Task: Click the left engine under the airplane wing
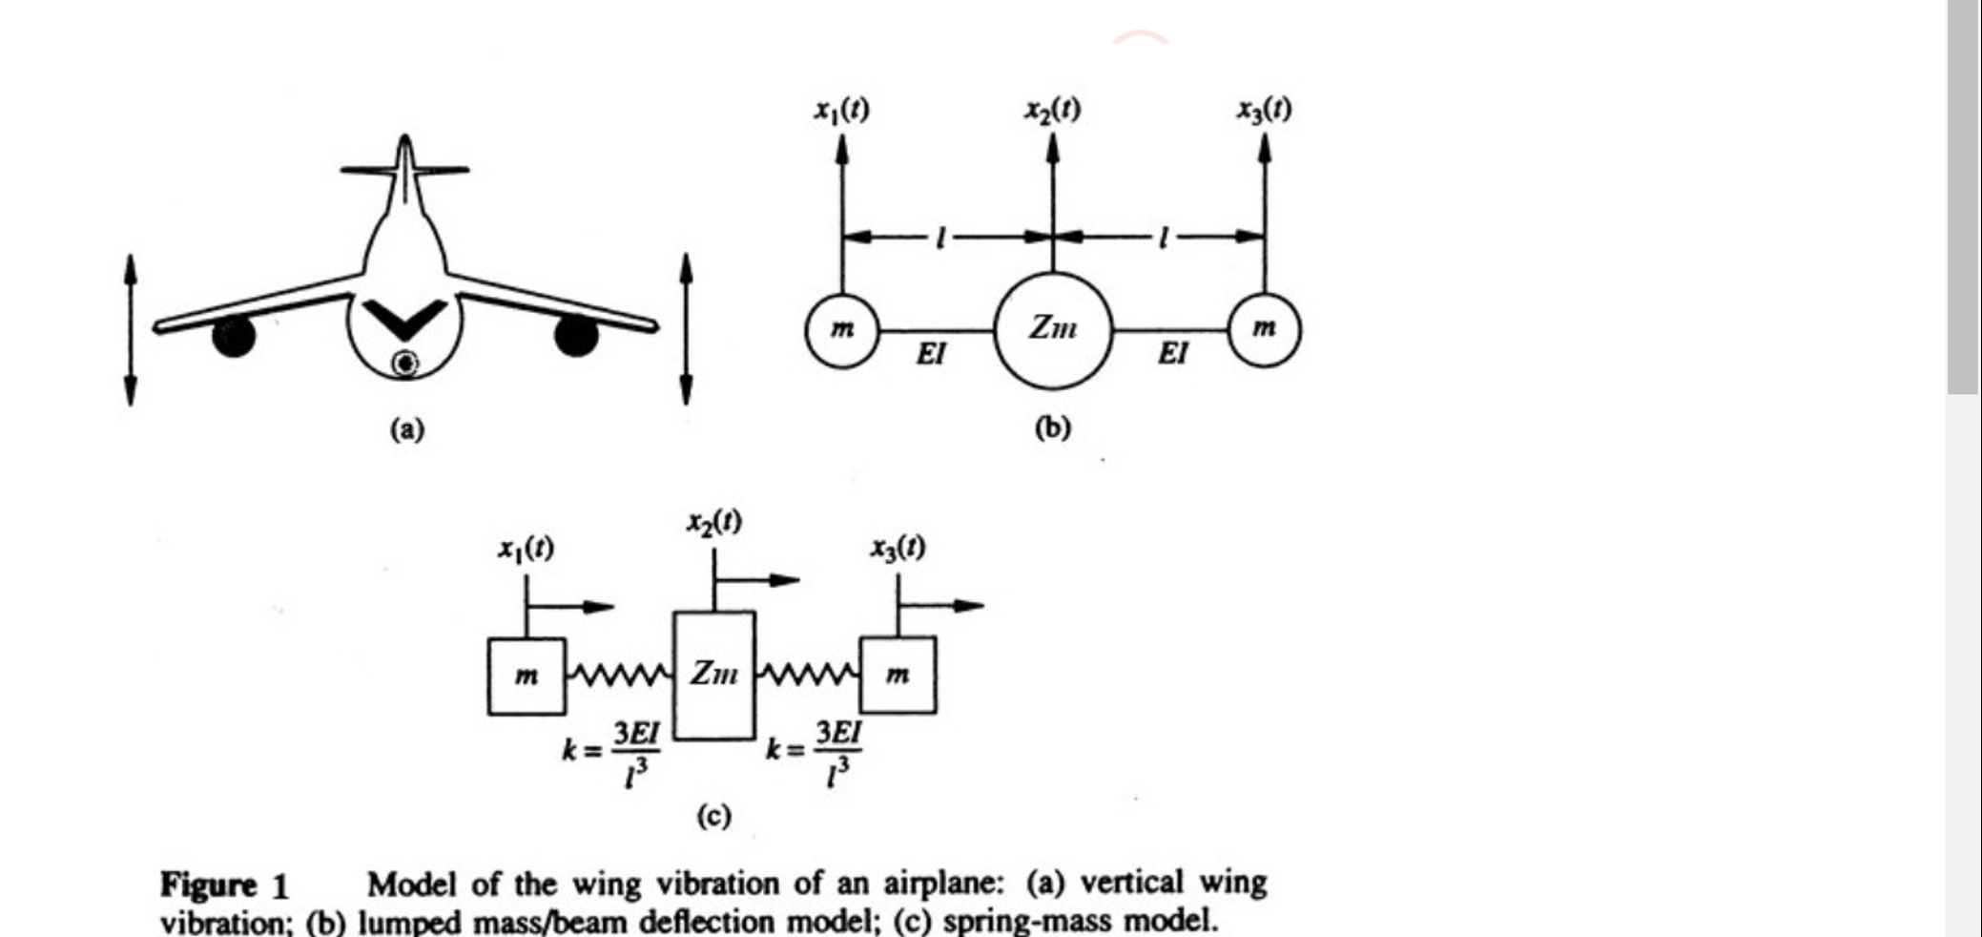click(234, 336)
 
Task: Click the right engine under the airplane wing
click(576, 335)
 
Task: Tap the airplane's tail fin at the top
click(405, 167)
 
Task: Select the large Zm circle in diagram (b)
click(1053, 330)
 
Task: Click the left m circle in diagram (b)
click(841, 330)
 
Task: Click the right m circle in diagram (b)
click(1264, 330)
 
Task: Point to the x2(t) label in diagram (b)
click(1053, 110)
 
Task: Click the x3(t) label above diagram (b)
click(1265, 110)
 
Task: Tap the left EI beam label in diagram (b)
click(931, 354)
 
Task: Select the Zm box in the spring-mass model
click(714, 675)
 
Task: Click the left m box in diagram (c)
click(526, 676)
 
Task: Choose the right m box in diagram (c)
click(898, 676)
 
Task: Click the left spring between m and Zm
click(620, 675)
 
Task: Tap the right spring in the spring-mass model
click(808, 675)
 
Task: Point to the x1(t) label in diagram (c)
click(526, 549)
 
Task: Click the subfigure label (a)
click(406, 429)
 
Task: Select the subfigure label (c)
click(713, 816)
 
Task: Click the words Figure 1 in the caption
click(224, 885)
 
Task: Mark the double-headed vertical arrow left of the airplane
click(131, 329)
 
